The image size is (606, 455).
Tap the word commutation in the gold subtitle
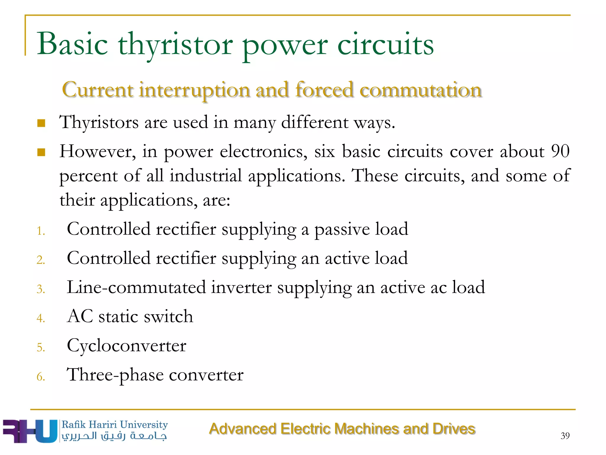420,90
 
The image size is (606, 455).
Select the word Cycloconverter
127,346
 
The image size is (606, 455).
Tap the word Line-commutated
136,287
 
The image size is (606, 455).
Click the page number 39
565,436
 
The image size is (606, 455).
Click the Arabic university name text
114,436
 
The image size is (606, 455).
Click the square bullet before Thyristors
41,123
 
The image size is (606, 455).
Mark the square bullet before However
41,152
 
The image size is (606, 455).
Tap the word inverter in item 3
241,287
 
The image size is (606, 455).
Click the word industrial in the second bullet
206,176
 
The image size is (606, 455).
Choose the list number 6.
41,377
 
